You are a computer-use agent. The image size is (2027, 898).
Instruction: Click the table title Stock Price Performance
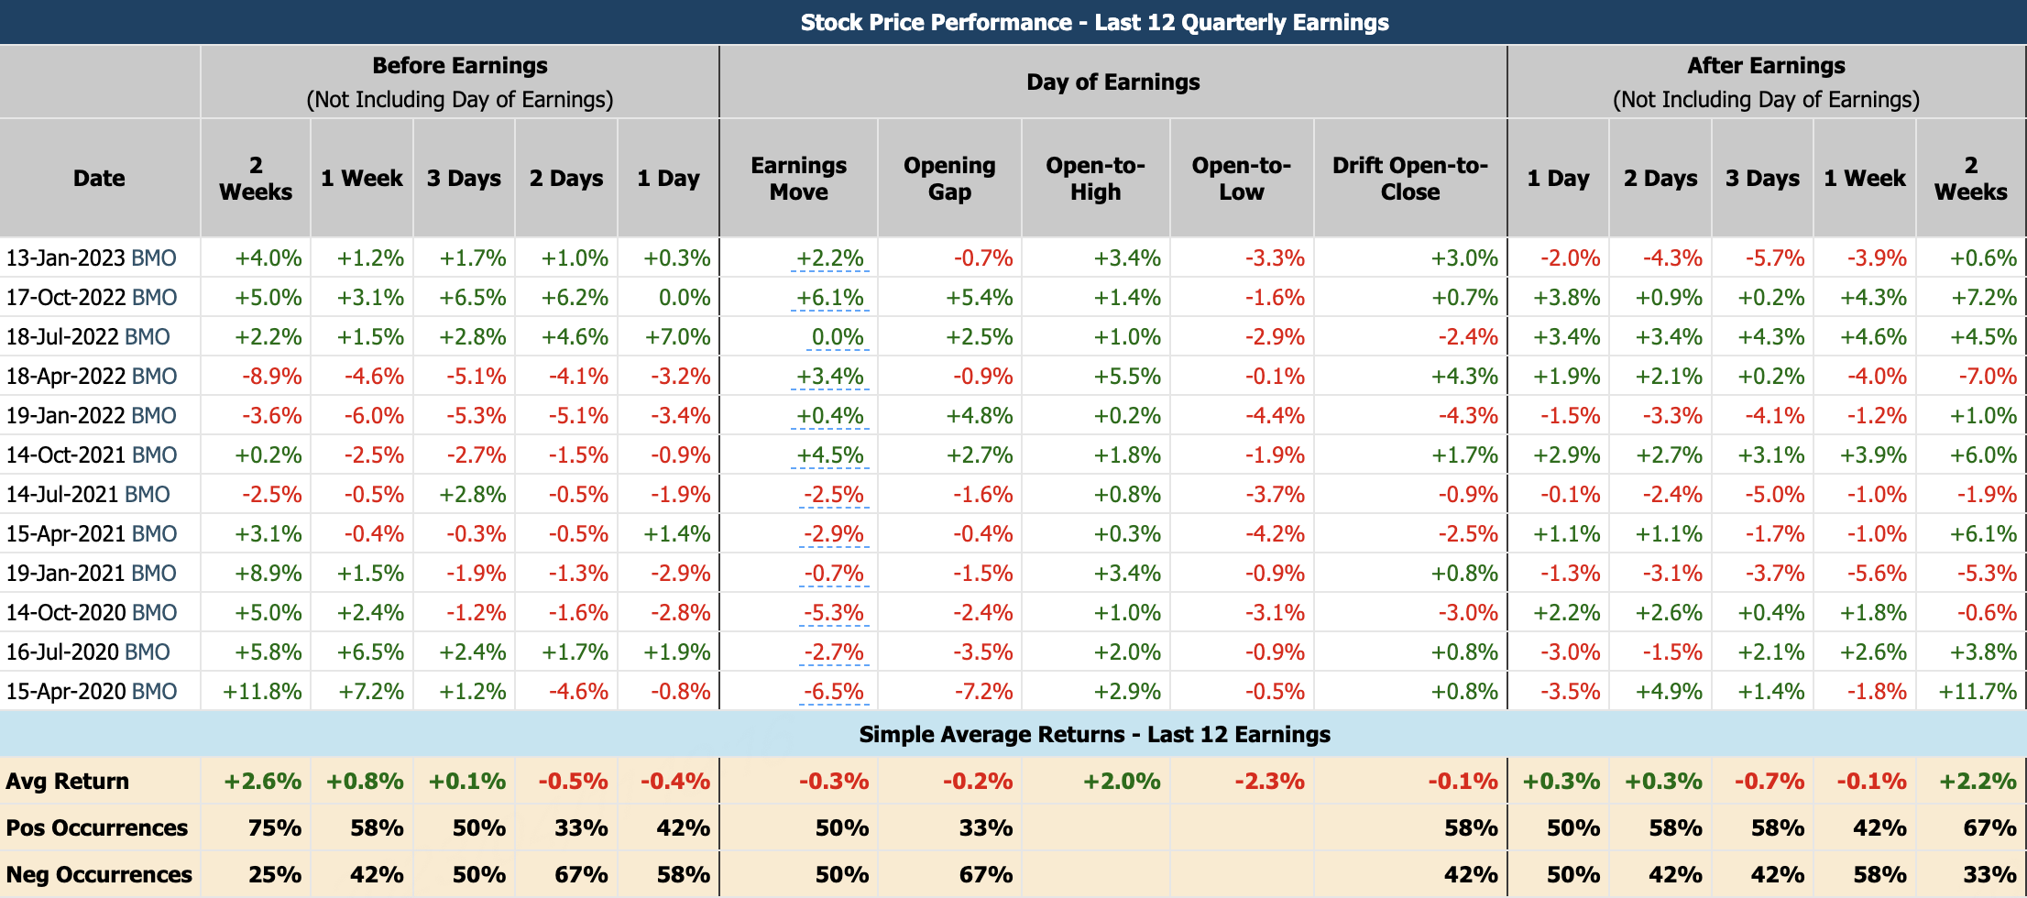pos(1094,22)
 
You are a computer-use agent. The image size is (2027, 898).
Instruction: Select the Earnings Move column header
pos(798,179)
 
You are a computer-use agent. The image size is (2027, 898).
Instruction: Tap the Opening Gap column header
pos(949,179)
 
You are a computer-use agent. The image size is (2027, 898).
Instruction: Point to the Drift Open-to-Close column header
pos(1409,179)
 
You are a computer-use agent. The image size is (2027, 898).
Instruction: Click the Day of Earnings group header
pos(1112,82)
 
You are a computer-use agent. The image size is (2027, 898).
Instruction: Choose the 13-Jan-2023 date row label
pos(91,258)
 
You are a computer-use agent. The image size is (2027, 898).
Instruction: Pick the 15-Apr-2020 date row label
pos(91,692)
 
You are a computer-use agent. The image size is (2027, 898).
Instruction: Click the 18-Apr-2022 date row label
pos(91,377)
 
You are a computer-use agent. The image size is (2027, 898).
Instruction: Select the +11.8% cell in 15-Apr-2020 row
pos(262,692)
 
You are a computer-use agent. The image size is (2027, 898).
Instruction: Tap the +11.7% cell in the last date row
pos(1977,692)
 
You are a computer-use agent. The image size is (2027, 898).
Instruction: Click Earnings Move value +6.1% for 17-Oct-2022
pos(829,298)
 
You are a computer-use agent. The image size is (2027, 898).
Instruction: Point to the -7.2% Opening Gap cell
pos(982,692)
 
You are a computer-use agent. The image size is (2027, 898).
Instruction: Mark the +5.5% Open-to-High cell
pos(1127,377)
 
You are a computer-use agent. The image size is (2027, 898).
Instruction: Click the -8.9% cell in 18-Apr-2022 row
pos(271,377)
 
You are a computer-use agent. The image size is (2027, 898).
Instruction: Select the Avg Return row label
pos(68,782)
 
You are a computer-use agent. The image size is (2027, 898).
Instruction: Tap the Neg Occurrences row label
pos(99,875)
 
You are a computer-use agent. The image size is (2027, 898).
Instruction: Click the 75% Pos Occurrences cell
pos(274,828)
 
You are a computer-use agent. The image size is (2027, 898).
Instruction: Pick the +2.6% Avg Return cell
pos(263,782)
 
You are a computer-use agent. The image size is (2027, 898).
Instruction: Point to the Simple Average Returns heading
pos(1094,735)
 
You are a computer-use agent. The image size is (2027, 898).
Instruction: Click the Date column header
pos(99,179)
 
